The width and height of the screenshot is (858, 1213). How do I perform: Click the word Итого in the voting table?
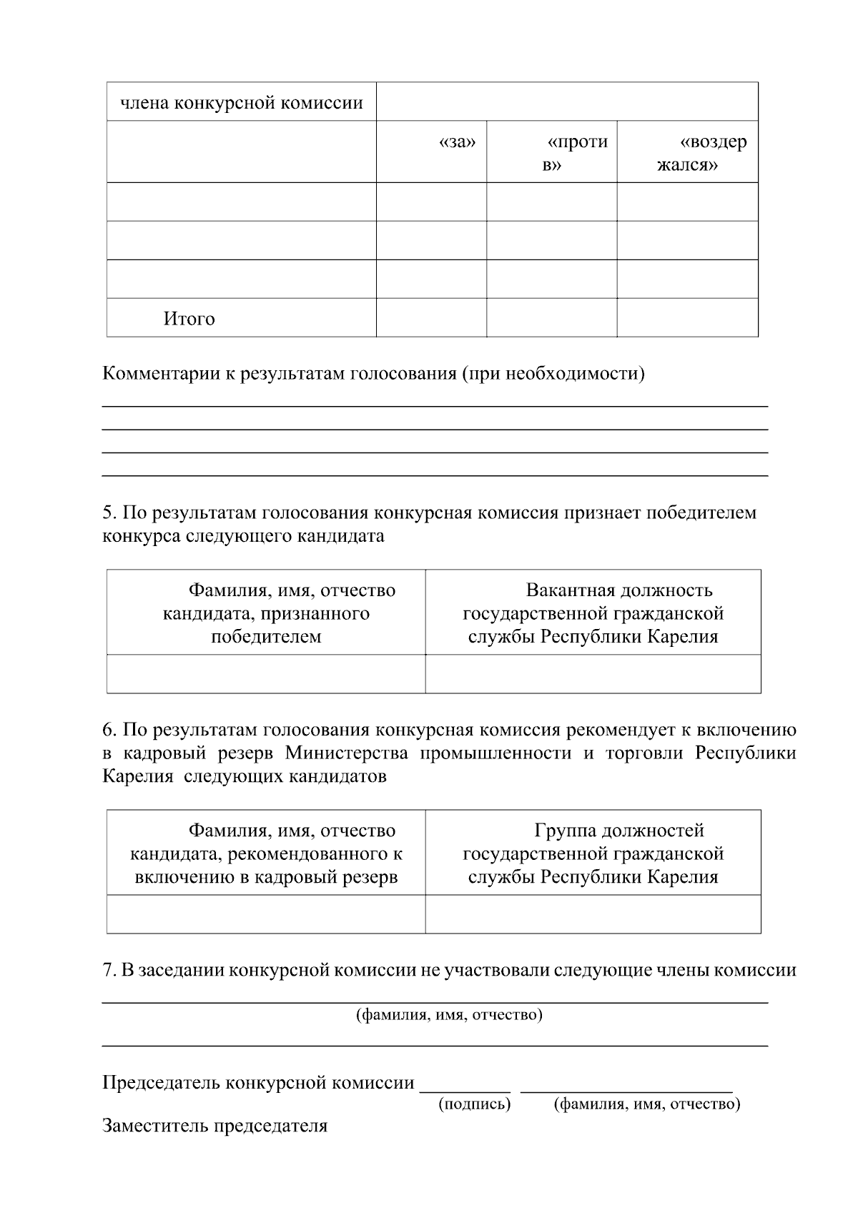[x=189, y=319]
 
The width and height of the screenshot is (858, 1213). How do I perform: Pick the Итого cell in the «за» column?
[x=431, y=317]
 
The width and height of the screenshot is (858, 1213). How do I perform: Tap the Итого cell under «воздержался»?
[x=687, y=317]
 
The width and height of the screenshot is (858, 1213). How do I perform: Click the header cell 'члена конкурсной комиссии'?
[x=242, y=103]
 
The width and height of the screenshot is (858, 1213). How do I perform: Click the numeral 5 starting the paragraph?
[x=108, y=513]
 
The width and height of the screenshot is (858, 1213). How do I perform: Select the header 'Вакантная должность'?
[x=619, y=590]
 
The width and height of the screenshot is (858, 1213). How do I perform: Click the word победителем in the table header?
[x=266, y=636]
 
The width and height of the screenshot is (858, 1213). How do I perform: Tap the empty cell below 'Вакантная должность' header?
[x=593, y=674]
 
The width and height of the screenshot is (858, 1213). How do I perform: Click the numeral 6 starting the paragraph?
[x=108, y=730]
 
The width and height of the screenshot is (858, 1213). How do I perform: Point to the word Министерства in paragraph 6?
[x=347, y=753]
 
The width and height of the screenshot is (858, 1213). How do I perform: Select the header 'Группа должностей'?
[x=619, y=831]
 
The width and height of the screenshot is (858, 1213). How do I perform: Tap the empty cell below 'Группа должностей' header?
[x=593, y=914]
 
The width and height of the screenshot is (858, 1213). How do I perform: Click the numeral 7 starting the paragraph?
[x=108, y=970]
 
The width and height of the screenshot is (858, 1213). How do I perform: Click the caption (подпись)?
[x=474, y=1104]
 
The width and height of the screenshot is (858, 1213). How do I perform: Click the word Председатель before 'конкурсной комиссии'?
[x=161, y=1083]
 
